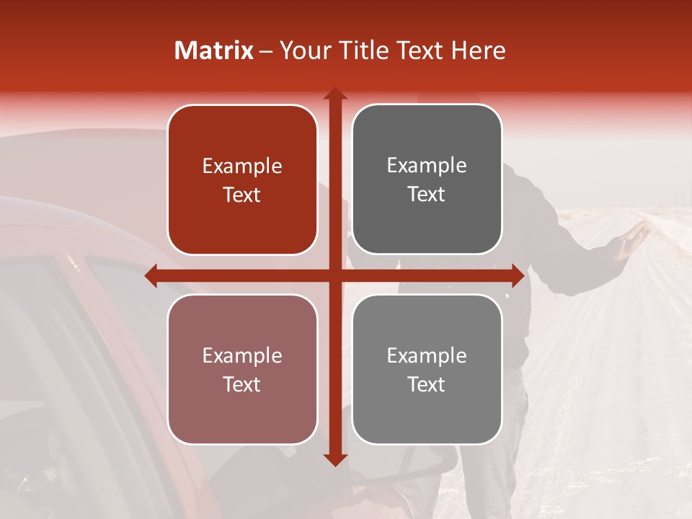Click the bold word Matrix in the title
point(214,50)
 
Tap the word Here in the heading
point(478,50)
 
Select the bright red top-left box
point(242,179)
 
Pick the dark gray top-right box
point(427,179)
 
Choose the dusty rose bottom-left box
point(242,369)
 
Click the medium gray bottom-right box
point(427,369)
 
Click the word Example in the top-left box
point(242,166)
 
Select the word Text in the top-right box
point(427,195)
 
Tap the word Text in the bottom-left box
point(242,384)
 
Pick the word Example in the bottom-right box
point(427,355)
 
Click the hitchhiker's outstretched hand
point(637,234)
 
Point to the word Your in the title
point(304,50)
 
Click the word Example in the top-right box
point(427,165)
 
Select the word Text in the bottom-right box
point(427,384)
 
